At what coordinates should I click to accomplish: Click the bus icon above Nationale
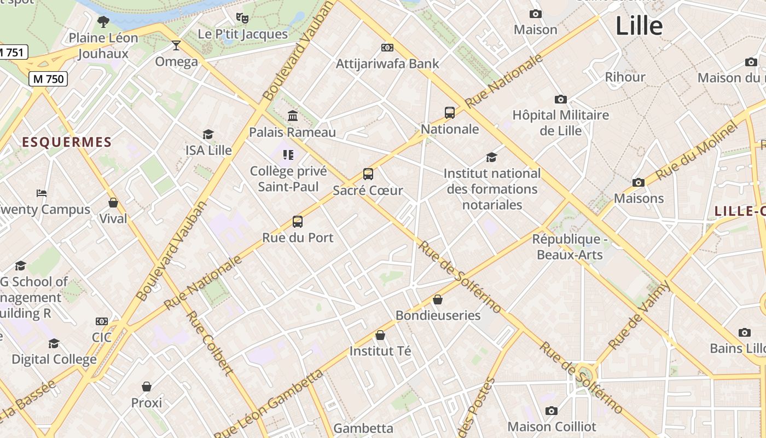(x=450, y=113)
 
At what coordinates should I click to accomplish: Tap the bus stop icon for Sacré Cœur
(x=368, y=174)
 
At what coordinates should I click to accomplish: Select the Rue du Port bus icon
(x=298, y=222)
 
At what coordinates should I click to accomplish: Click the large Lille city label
(x=639, y=26)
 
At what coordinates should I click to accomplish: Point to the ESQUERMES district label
(x=67, y=142)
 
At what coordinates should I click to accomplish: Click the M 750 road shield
(x=48, y=79)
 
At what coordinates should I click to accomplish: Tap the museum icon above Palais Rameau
(x=293, y=116)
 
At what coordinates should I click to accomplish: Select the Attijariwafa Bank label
(x=387, y=64)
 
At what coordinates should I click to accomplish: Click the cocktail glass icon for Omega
(x=176, y=45)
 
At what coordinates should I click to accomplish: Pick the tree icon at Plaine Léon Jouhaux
(x=103, y=22)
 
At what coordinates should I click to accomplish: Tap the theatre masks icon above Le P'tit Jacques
(x=242, y=18)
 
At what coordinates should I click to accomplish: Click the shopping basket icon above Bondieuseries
(x=438, y=299)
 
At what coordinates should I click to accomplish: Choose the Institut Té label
(x=380, y=350)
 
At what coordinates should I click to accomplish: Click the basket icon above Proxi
(x=147, y=387)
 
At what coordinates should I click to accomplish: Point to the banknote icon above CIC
(x=102, y=321)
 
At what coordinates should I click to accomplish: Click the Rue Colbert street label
(x=210, y=343)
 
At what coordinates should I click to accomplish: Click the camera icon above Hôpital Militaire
(x=560, y=99)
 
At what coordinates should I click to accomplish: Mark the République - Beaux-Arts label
(x=570, y=247)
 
